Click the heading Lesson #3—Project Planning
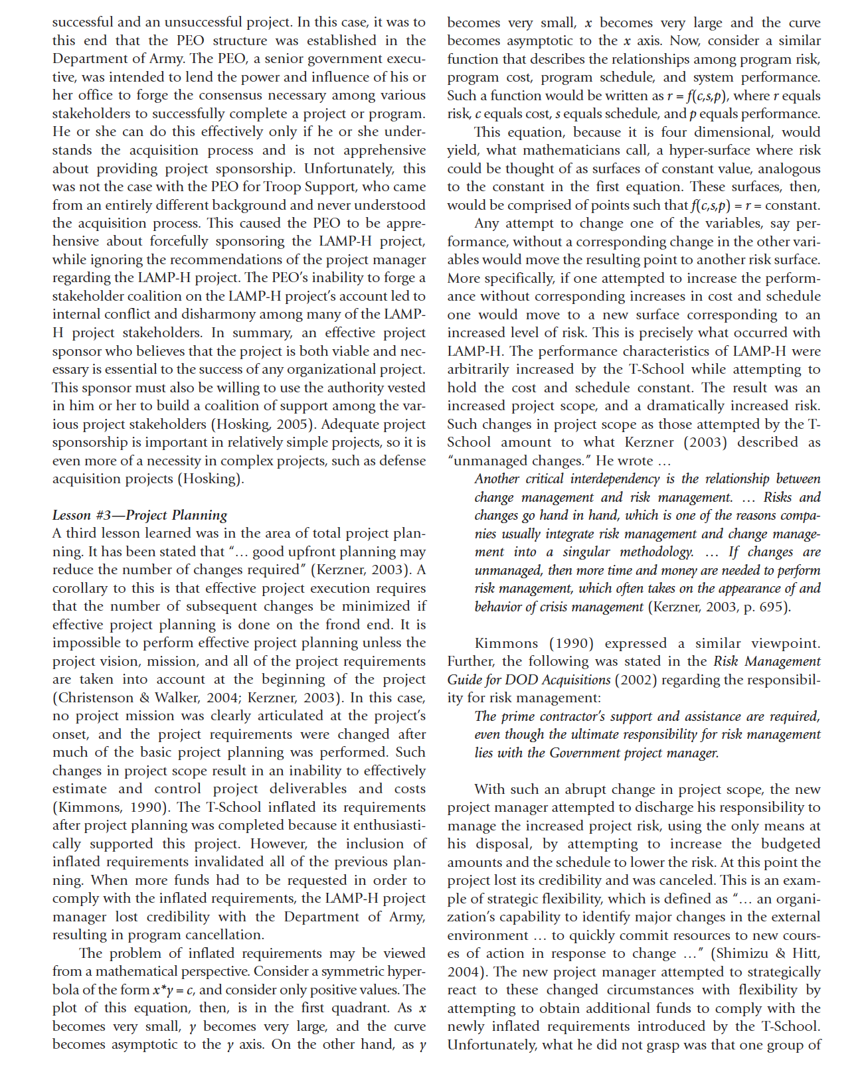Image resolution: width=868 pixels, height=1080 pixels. pyautogui.click(x=139, y=515)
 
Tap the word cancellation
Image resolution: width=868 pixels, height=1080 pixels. pyautogui.click(x=221, y=935)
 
